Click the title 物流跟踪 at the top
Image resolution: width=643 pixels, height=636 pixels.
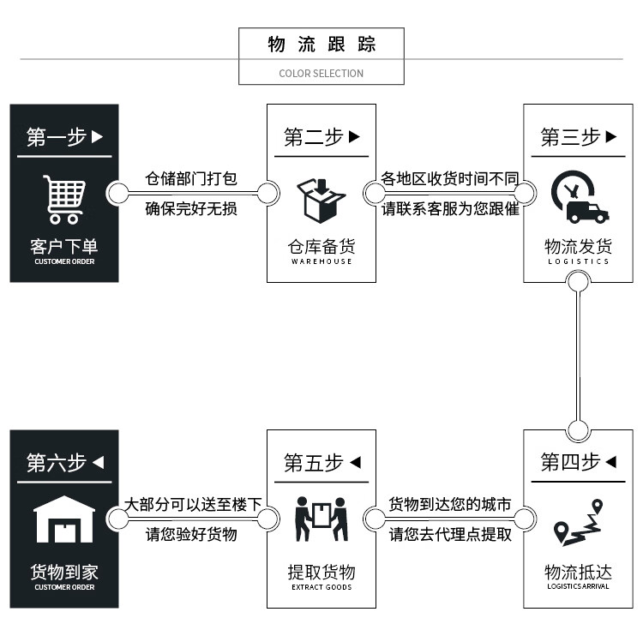pos(321,45)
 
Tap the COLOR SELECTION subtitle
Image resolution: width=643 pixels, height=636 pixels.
pos(321,73)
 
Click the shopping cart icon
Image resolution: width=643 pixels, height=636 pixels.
pos(64,199)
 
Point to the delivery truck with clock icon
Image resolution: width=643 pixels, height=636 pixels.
pos(579,198)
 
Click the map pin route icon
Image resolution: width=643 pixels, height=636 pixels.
pos(578,523)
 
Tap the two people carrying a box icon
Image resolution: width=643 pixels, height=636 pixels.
pos(321,519)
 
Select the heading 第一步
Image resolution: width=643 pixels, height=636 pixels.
pos(57,137)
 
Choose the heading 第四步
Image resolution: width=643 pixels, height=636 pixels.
pos(570,463)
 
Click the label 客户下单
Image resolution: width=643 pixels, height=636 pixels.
pos(64,247)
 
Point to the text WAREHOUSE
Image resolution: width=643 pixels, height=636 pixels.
pos(321,261)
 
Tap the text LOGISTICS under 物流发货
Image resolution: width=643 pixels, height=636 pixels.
pos(579,261)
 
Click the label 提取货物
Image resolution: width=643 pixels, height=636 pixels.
pos(321,572)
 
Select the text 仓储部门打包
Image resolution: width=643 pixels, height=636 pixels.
pos(190,179)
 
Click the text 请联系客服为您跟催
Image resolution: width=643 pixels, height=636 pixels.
pos(451,208)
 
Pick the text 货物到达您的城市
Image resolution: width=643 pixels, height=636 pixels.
pos(450,504)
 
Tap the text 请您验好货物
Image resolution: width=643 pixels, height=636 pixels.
pos(190,534)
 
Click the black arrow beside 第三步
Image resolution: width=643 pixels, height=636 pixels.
pos(611,137)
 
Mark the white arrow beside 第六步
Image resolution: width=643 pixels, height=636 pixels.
pos(98,463)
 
